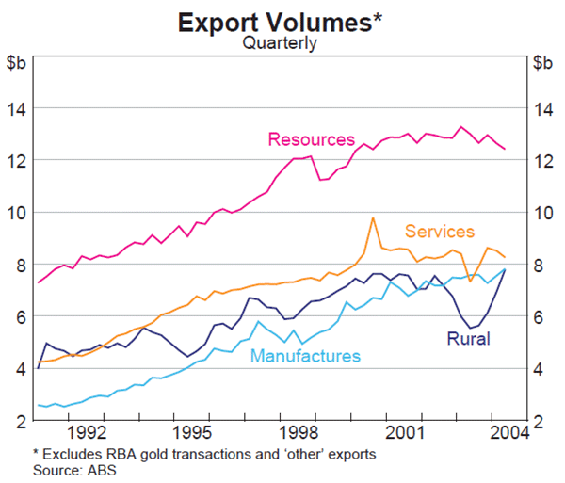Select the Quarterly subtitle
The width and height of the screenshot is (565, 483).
pos(280,42)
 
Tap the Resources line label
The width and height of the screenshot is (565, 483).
pos(311,140)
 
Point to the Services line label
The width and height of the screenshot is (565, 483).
pos(439,232)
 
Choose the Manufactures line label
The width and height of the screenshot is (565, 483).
pos(306,356)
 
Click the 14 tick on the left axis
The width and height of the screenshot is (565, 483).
pos(20,108)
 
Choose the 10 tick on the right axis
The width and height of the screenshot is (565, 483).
pos(542,213)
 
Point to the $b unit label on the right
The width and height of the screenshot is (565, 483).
pos(543,63)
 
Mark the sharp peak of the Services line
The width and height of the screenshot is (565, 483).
pos(373,218)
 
